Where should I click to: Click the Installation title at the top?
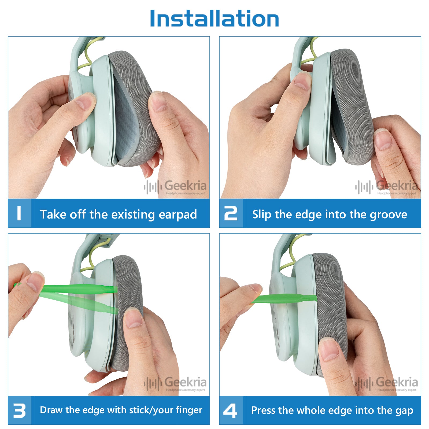point(214,18)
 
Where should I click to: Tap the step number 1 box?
point(20,213)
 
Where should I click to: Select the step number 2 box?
point(231,213)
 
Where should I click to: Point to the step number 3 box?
point(20,410)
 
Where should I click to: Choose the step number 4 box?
point(231,410)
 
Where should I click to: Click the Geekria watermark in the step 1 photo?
point(175,187)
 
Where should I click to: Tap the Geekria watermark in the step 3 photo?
point(175,383)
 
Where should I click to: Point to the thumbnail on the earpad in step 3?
point(134,318)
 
